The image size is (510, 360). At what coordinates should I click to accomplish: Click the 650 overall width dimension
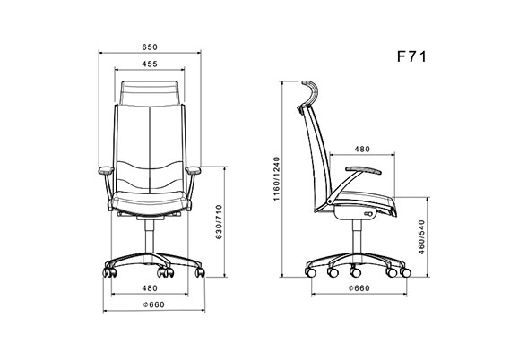(150, 47)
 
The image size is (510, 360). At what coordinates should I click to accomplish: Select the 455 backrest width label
(150, 64)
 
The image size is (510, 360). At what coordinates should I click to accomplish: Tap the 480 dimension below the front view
(150, 288)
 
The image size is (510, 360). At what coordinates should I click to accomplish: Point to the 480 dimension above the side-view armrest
(362, 150)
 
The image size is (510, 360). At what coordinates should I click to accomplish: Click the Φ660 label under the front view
(154, 304)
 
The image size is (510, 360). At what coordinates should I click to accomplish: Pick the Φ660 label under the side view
(359, 288)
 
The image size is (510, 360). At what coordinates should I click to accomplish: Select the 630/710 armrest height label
(220, 222)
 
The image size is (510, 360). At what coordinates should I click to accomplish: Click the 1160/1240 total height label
(276, 179)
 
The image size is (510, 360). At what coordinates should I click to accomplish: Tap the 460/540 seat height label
(421, 236)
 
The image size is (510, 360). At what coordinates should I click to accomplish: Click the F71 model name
(411, 56)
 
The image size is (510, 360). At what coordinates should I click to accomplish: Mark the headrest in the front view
(150, 92)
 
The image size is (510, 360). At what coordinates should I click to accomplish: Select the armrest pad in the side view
(363, 170)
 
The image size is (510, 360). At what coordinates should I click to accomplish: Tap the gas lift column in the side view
(357, 236)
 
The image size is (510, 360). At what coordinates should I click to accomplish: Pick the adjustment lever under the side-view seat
(369, 214)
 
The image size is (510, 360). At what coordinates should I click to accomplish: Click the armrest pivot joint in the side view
(331, 201)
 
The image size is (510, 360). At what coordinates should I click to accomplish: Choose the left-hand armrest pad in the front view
(106, 170)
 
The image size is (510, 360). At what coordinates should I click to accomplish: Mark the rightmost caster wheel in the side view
(405, 272)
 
